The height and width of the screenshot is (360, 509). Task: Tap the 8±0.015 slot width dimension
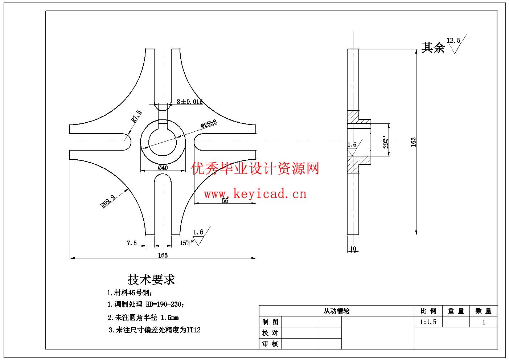(190, 102)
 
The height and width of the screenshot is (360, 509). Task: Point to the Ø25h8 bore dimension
(209, 124)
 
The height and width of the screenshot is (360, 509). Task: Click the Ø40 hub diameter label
(163, 168)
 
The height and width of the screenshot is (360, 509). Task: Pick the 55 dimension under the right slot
(225, 200)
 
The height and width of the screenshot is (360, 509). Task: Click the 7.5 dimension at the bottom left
(132, 243)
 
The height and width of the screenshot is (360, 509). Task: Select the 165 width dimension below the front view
(163, 255)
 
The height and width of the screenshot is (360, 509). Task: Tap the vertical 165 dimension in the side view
(414, 142)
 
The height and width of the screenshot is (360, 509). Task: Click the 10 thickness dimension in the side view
(353, 249)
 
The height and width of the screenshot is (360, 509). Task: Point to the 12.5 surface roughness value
(453, 40)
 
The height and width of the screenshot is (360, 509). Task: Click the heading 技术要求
(151, 279)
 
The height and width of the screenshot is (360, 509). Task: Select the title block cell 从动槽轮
(336, 311)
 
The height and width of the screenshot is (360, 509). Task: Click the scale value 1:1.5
(428, 322)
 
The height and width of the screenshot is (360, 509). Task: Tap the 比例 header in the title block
(428, 311)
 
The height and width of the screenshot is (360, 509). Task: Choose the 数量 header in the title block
(483, 311)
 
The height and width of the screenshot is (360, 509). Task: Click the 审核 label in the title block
(270, 344)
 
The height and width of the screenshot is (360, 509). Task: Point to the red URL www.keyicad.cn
(255, 194)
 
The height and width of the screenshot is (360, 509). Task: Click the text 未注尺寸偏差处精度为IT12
(158, 330)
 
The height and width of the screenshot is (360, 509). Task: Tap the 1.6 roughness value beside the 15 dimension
(198, 232)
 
